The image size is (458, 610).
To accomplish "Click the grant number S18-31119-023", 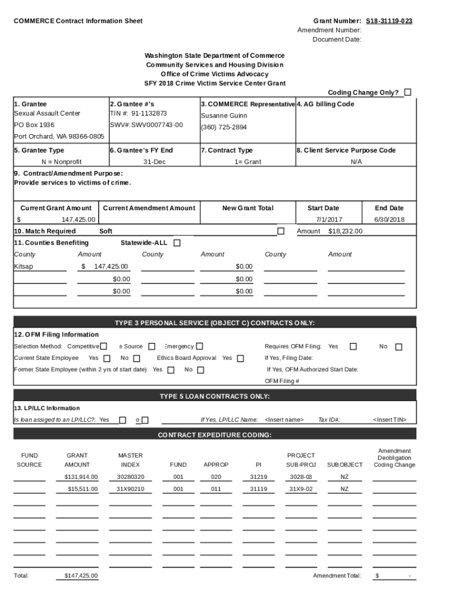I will pos(389,21).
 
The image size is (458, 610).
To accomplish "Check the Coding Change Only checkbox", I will pos(407,92).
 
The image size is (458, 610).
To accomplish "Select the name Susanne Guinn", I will pos(224,116).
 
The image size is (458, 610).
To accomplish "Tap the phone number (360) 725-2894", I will pos(224,127).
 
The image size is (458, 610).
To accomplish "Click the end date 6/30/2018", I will pos(389,219).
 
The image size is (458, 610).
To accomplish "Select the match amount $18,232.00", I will pos(345,231).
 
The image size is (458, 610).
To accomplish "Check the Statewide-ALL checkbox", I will pos(177,243).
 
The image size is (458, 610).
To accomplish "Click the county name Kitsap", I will pos(24,266).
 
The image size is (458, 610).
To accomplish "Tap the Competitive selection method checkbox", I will pos(103,346).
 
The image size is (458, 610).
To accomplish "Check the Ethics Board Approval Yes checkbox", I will pos(240,359).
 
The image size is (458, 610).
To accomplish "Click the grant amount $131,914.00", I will pos(81,477).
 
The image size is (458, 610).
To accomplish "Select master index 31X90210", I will pos(130,489).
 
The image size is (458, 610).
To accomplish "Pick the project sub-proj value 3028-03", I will pos(300,477).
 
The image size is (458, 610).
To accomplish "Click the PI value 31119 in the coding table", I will pos(258,489).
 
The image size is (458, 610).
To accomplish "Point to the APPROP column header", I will pos(216,465).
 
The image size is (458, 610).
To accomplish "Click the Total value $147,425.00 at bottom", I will pos(81,576).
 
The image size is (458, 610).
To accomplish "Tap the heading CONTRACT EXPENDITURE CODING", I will pos(215,435).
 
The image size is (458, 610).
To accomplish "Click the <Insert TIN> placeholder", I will pos(390,420).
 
